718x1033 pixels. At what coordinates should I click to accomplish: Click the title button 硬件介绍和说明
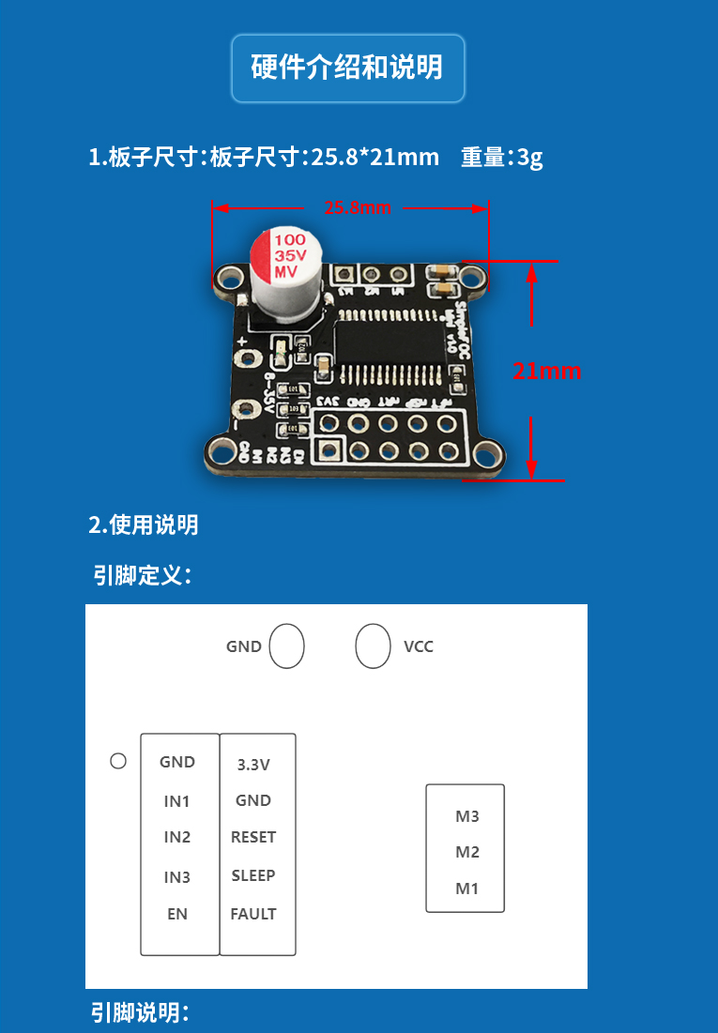coord(347,68)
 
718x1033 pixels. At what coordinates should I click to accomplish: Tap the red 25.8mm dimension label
coord(358,207)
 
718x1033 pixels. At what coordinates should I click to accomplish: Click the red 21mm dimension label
coord(547,371)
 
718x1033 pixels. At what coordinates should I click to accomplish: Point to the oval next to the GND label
coord(287,646)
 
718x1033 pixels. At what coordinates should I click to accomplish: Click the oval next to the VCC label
coord(373,646)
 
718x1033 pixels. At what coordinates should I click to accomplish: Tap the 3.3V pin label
coord(253,765)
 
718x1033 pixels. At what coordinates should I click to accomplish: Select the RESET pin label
coord(253,837)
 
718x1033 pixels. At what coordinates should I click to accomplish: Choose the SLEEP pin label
coord(253,875)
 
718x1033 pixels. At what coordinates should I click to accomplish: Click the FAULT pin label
coord(253,914)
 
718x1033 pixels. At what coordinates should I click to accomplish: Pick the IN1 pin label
coord(177,801)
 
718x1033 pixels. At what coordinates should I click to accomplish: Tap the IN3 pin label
coord(177,877)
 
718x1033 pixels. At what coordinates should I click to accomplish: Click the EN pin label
coord(177,914)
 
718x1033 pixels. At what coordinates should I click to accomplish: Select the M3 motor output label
coord(467,816)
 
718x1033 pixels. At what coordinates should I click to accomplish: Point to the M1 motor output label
coord(467,889)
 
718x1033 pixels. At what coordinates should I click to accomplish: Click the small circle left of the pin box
coord(118,761)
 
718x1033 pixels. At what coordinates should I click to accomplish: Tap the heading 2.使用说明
coord(144,524)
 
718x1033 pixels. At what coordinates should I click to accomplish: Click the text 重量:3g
coord(501,157)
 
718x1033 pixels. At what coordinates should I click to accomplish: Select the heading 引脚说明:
coord(140,1012)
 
